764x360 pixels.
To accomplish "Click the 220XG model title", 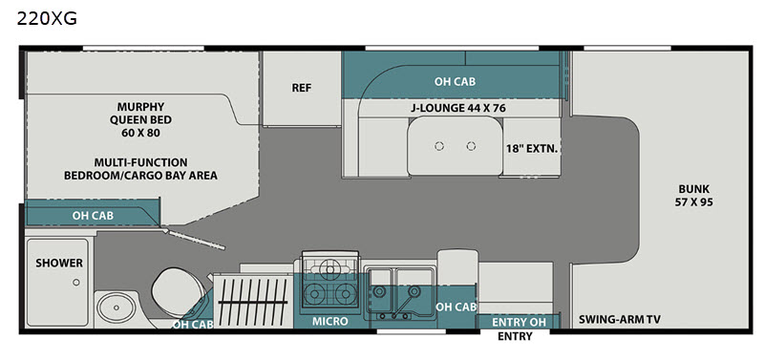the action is click(47, 19).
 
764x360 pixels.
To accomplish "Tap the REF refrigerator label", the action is click(302, 88).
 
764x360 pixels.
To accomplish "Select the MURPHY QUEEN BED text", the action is click(140, 113).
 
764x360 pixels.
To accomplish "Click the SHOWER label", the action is click(59, 263).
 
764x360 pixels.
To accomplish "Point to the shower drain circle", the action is click(76, 282).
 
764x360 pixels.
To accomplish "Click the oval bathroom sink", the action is click(116, 307).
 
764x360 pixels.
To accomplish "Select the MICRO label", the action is click(330, 321).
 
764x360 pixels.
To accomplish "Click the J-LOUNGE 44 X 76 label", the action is click(457, 108).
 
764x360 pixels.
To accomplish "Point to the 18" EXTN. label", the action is click(531, 149).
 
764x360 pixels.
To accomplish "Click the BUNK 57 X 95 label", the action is click(693, 196).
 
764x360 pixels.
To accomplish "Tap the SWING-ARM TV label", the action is click(620, 320).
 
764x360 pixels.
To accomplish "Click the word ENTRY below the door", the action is click(515, 337).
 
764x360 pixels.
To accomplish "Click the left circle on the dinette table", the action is click(439, 146).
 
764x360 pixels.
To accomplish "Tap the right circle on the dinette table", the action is click(471, 146).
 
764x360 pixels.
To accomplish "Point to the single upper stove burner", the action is click(330, 269).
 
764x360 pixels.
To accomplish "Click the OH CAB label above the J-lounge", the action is click(456, 81).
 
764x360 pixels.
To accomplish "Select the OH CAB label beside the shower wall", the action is click(93, 215).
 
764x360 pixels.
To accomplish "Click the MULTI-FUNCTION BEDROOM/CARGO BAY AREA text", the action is click(140, 169).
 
